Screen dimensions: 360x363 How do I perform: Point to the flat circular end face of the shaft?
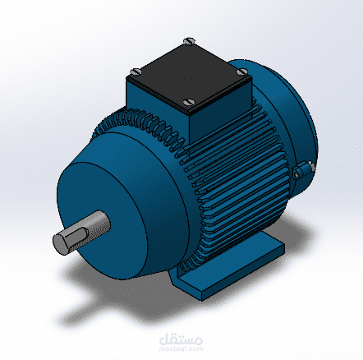[x=63, y=243]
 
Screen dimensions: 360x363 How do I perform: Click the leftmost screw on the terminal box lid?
[x=134, y=72]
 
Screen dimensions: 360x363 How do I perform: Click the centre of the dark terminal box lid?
[x=188, y=72]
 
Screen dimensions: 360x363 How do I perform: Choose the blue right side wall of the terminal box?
[x=220, y=111]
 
